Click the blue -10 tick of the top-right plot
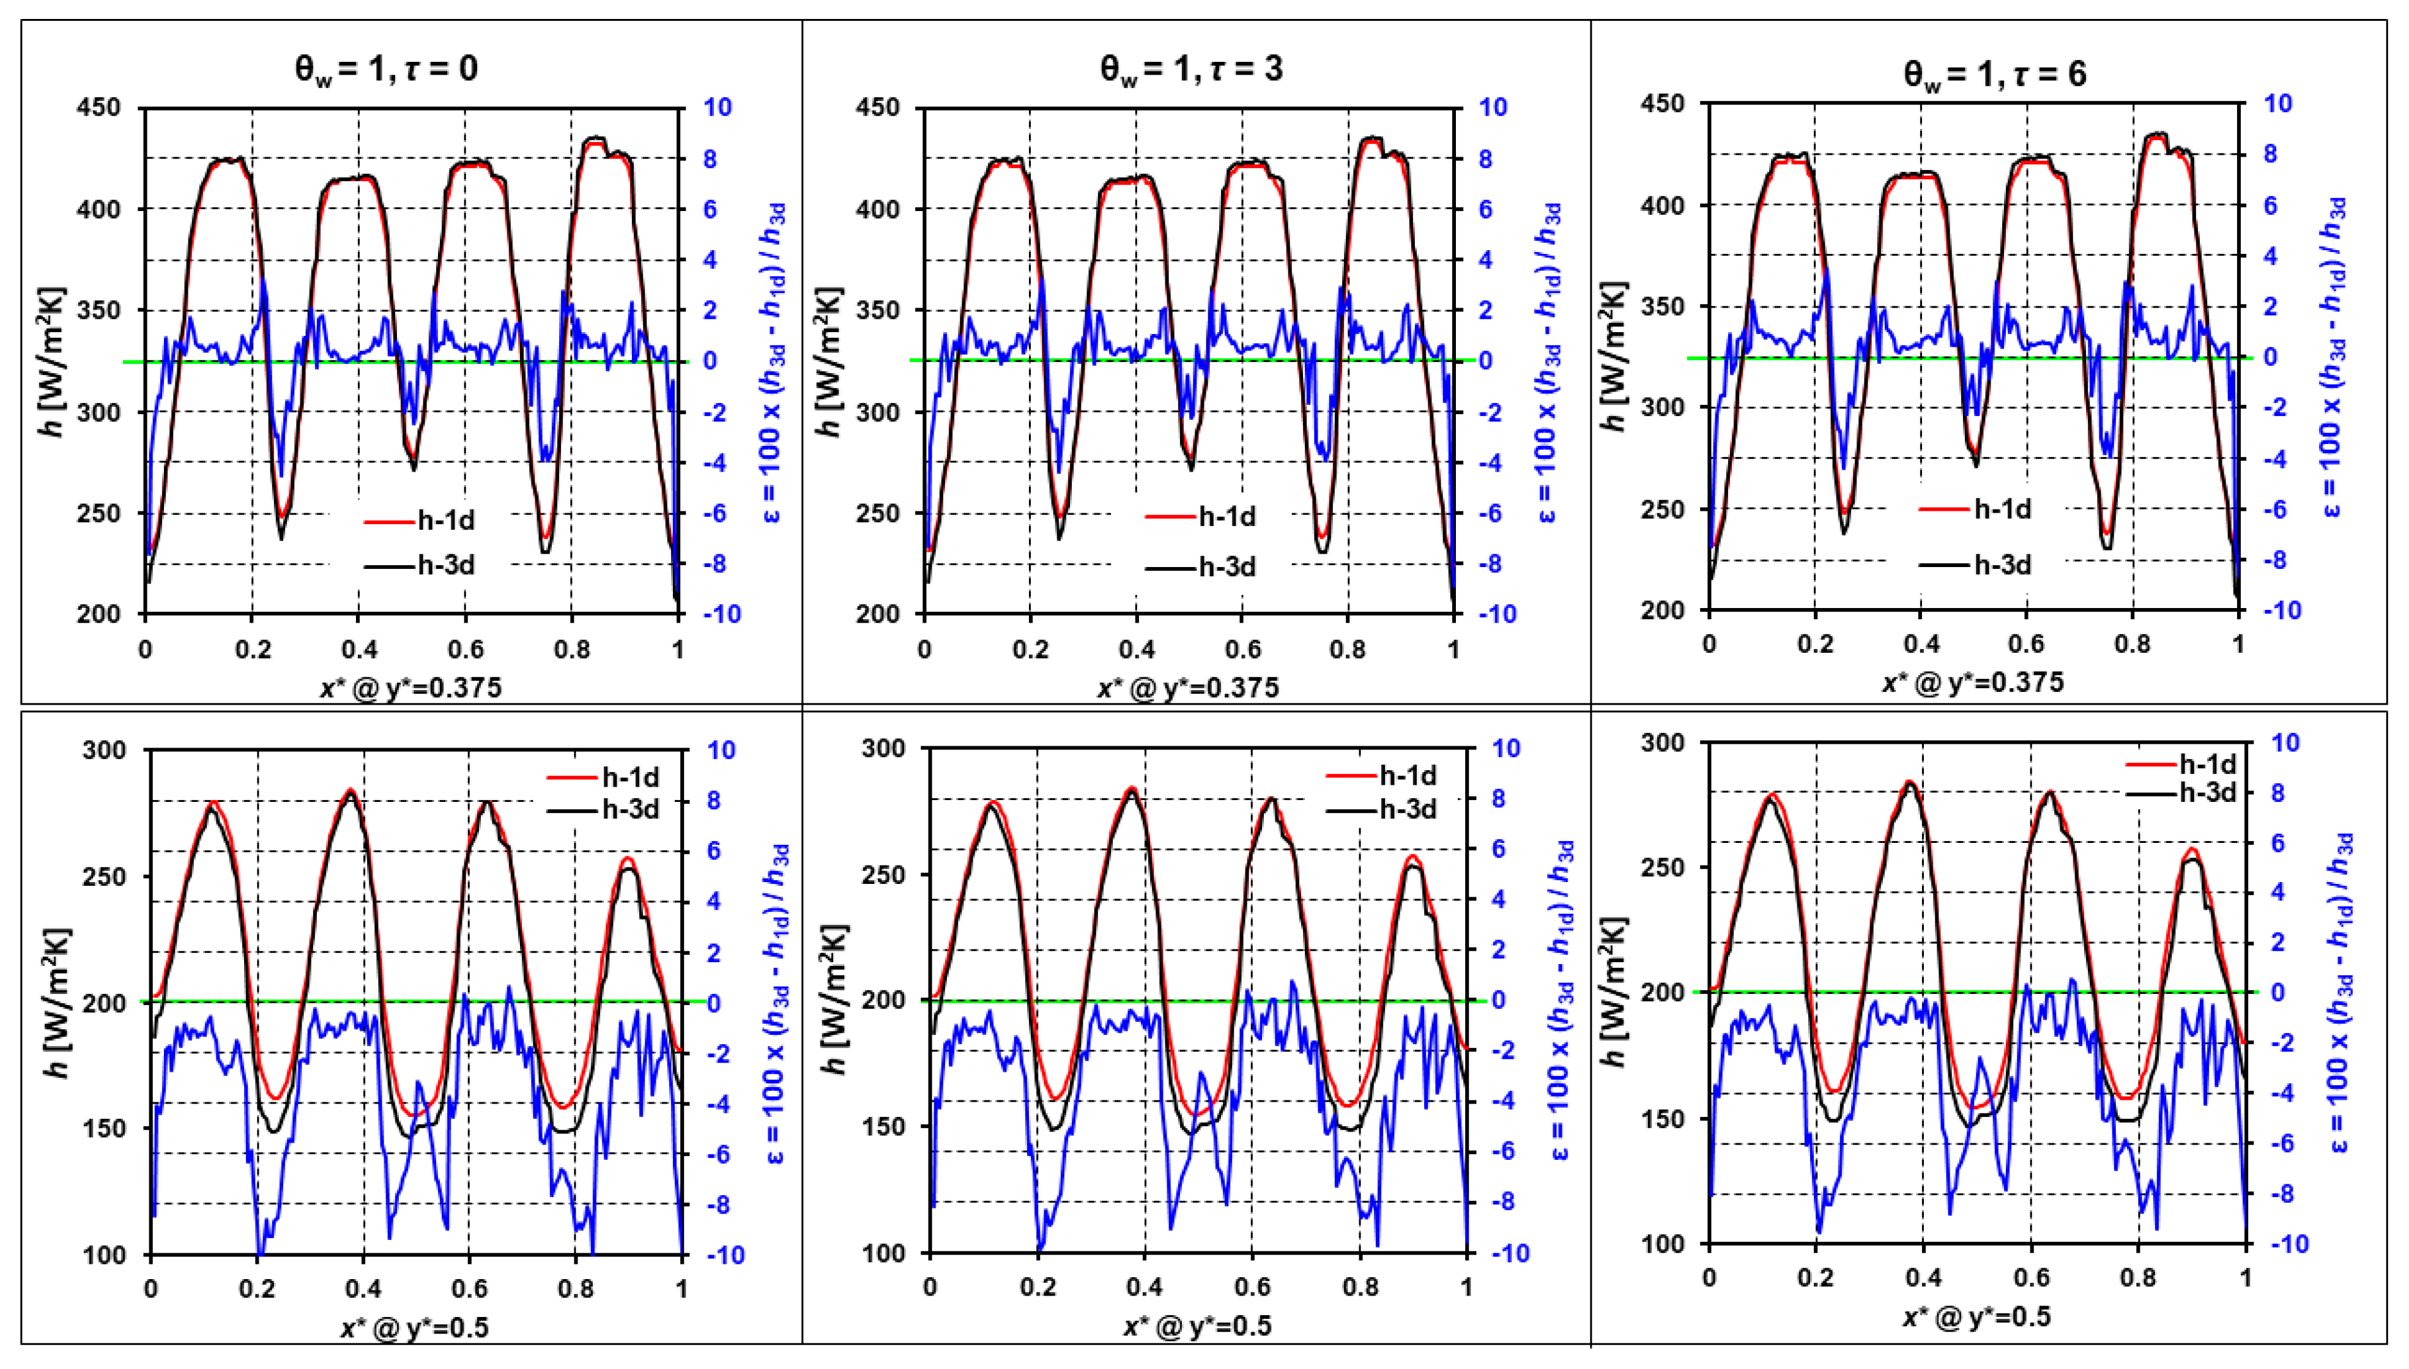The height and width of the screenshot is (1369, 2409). pos(2281,610)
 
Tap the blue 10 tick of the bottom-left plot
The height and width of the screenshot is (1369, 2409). pos(721,751)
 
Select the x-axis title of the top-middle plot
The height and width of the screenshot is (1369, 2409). pos(1189,688)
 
